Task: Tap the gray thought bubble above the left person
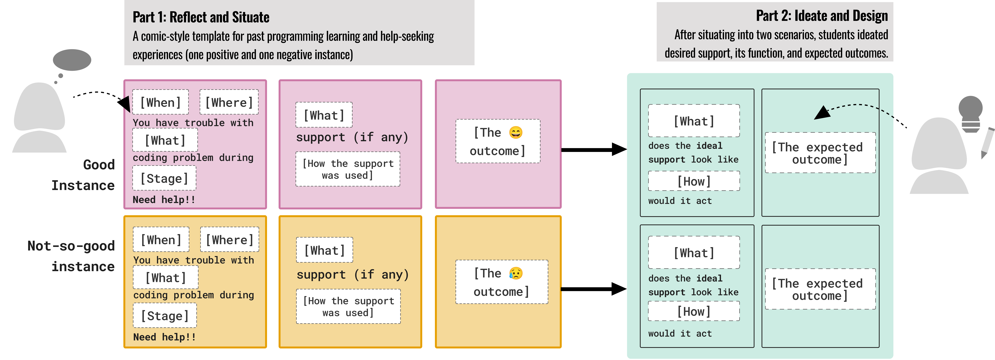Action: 72,60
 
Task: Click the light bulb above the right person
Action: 970,114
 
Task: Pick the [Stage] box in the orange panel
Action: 165,316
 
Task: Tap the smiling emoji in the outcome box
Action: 516,133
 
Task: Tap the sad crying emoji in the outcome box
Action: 516,273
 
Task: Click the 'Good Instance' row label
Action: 83,175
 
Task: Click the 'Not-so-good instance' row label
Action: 71,256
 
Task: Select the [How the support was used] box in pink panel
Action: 348,169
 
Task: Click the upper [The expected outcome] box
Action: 820,153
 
